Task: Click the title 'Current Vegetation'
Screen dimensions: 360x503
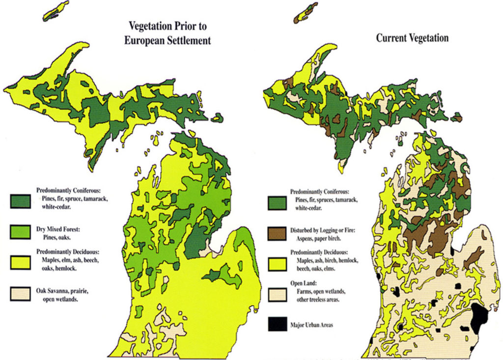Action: click(412, 38)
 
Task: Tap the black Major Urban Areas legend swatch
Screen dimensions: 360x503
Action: click(277, 324)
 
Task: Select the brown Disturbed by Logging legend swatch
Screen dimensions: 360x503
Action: click(277, 233)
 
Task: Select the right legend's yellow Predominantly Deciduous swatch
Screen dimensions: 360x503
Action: click(277, 264)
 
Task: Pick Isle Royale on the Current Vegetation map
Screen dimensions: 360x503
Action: click(306, 13)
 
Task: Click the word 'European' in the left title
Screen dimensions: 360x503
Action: click(142, 40)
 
